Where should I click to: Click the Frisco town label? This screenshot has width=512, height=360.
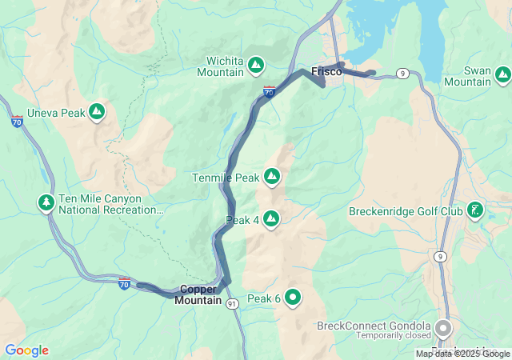coord(326,71)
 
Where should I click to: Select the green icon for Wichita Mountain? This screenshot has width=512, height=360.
coord(255,63)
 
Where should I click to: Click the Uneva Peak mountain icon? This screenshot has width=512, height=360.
coord(97,111)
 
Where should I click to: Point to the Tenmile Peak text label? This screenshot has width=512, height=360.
coord(226,177)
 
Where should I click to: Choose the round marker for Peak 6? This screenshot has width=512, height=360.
coord(293,298)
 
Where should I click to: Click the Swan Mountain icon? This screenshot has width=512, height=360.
coord(502,74)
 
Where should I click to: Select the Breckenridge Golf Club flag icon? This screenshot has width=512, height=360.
coord(475,210)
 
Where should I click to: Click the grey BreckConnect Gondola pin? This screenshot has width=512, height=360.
coord(442,328)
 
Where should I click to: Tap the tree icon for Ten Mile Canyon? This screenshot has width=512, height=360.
coord(46,203)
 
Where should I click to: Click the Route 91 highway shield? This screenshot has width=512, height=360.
coord(231,304)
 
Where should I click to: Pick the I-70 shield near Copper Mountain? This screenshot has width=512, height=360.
coord(124,283)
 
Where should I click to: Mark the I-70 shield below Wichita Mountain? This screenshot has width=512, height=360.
coord(269,93)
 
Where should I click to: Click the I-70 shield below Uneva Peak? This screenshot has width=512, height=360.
coord(17,122)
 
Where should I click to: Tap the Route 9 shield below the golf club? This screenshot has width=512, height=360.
coord(440,256)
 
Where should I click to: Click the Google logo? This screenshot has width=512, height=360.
coord(26,350)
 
